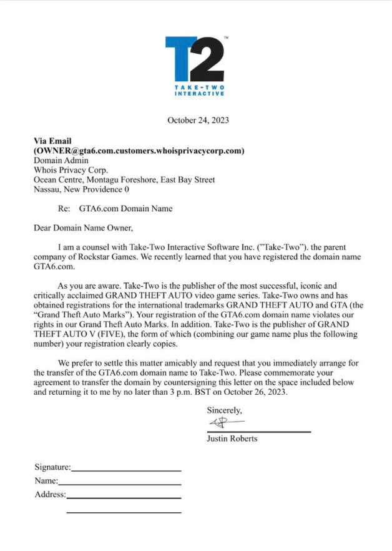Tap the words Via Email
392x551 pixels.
(x=53, y=141)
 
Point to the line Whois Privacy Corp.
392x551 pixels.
(x=71, y=170)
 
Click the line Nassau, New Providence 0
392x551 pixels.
(x=81, y=189)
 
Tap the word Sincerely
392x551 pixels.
(x=224, y=410)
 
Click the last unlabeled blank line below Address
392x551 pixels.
(x=124, y=512)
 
